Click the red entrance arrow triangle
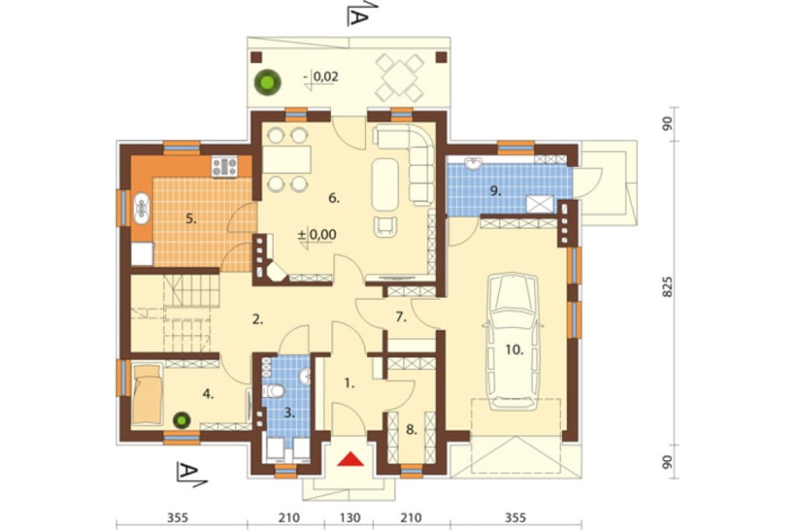tap(351, 459)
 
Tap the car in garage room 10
tap(513, 341)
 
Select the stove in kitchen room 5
tap(224, 166)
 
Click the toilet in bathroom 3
tap(275, 392)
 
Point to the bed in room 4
tap(148, 393)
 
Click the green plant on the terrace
tap(267, 81)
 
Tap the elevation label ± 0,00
tap(317, 235)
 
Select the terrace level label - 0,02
tap(321, 76)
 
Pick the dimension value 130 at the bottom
tap(349, 518)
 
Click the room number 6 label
tap(334, 198)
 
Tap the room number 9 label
tap(495, 191)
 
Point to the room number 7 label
tap(401, 318)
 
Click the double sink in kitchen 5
tap(141, 208)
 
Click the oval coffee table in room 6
tap(385, 185)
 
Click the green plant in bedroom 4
tap(181, 420)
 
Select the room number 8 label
tap(412, 430)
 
